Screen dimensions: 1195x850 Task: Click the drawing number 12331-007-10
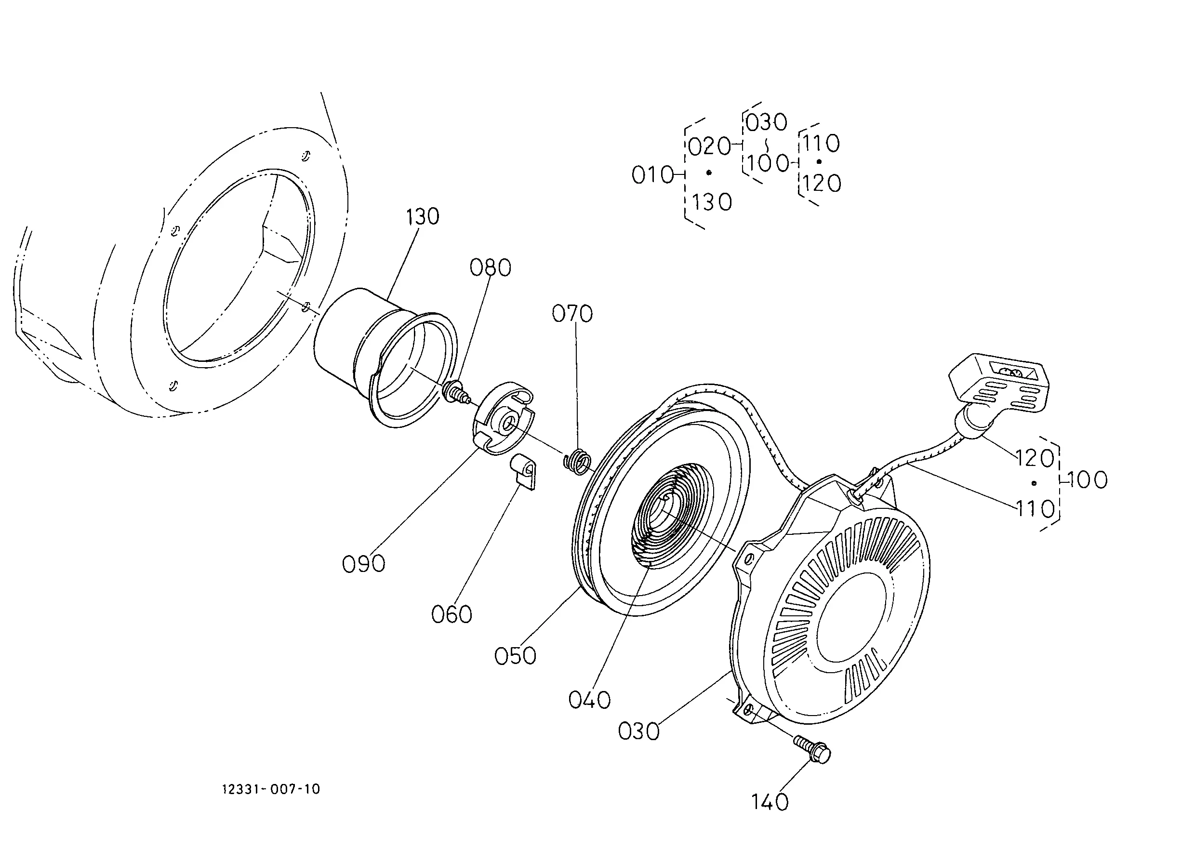(271, 789)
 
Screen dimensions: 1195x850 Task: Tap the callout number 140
(770, 801)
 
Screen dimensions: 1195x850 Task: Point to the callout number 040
(589, 700)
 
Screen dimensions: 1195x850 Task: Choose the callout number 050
(515, 656)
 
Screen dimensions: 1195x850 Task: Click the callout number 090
(363, 564)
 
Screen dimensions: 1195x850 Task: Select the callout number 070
(572, 314)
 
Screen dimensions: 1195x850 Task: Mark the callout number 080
(490, 267)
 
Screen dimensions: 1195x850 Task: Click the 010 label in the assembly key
(652, 175)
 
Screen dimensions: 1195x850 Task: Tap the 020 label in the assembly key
(709, 146)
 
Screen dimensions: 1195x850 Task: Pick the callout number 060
(451, 614)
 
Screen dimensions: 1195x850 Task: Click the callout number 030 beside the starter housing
(638, 731)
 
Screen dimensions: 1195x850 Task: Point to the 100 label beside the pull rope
(1087, 479)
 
